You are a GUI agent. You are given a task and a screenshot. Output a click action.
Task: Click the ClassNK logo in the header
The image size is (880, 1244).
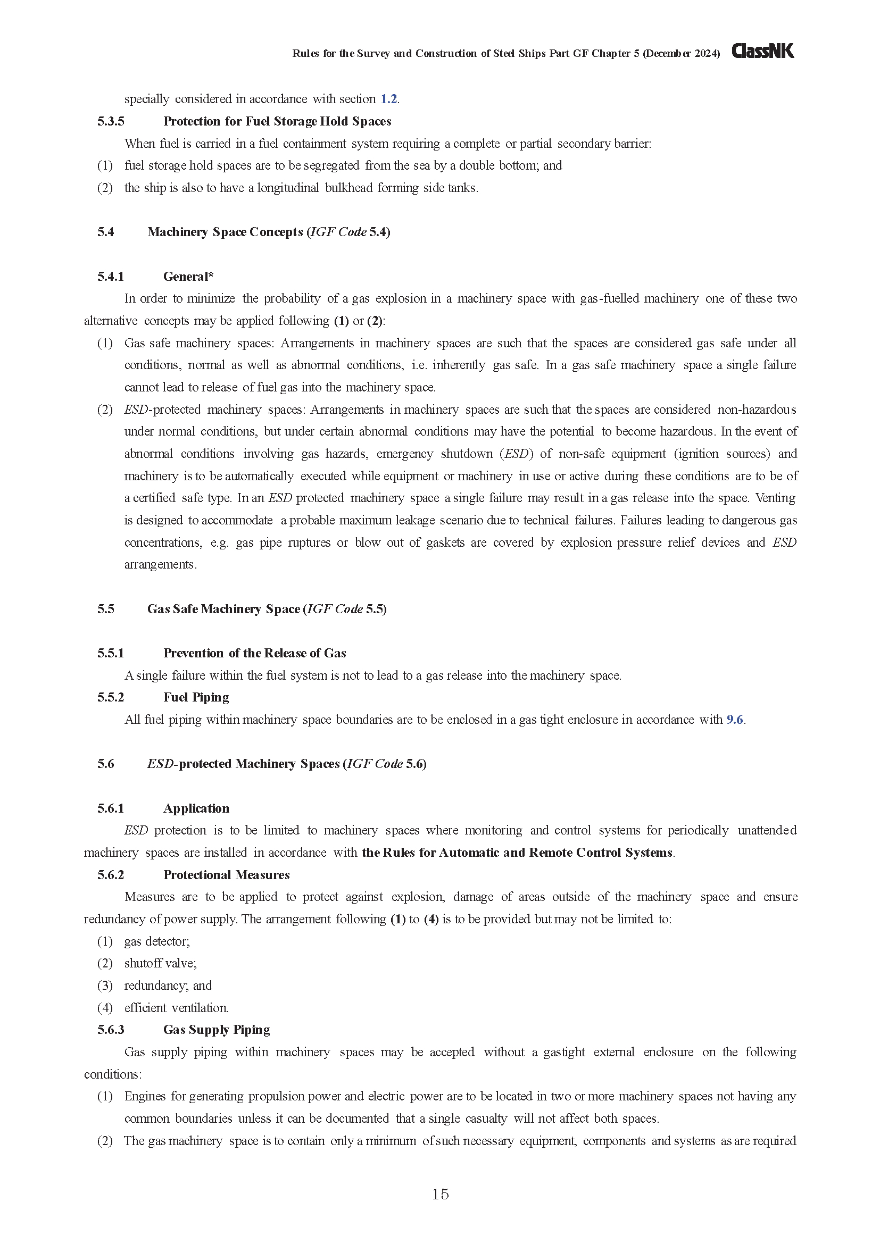[x=762, y=51]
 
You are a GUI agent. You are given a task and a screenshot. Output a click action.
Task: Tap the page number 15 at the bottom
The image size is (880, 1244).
[x=440, y=1194]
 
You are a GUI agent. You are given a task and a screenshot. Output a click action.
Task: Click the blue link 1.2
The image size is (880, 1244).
[x=388, y=99]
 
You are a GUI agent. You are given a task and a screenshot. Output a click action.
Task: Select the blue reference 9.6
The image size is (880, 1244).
[x=735, y=720]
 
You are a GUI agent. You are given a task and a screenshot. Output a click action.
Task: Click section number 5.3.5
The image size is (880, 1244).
[x=111, y=121]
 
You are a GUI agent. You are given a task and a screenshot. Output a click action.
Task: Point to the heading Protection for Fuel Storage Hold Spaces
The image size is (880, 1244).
[x=277, y=121]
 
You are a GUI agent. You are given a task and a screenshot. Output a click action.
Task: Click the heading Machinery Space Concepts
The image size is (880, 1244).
[x=225, y=232]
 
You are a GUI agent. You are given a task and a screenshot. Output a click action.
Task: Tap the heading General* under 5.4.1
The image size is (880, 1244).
[x=188, y=277]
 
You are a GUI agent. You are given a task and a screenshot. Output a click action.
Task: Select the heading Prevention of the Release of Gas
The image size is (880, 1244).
[x=255, y=653]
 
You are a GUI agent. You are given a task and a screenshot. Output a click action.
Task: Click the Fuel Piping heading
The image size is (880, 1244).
[x=196, y=697]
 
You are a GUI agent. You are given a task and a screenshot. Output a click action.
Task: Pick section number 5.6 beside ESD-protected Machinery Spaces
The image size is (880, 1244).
[x=106, y=764]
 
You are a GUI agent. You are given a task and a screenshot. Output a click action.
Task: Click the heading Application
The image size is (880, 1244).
[x=196, y=808]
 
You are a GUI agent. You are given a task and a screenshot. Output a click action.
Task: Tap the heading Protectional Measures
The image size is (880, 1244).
[x=227, y=874]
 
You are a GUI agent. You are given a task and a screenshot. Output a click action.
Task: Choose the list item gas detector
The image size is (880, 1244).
[x=156, y=941]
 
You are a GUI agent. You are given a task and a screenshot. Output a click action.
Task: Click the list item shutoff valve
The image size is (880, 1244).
[x=160, y=963]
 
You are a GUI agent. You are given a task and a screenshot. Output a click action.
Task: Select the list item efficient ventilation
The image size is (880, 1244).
[x=176, y=1008]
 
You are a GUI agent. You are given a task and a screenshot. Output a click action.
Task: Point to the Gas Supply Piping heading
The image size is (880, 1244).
[x=216, y=1030]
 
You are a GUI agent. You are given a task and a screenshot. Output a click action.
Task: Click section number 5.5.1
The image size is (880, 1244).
[x=111, y=653]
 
